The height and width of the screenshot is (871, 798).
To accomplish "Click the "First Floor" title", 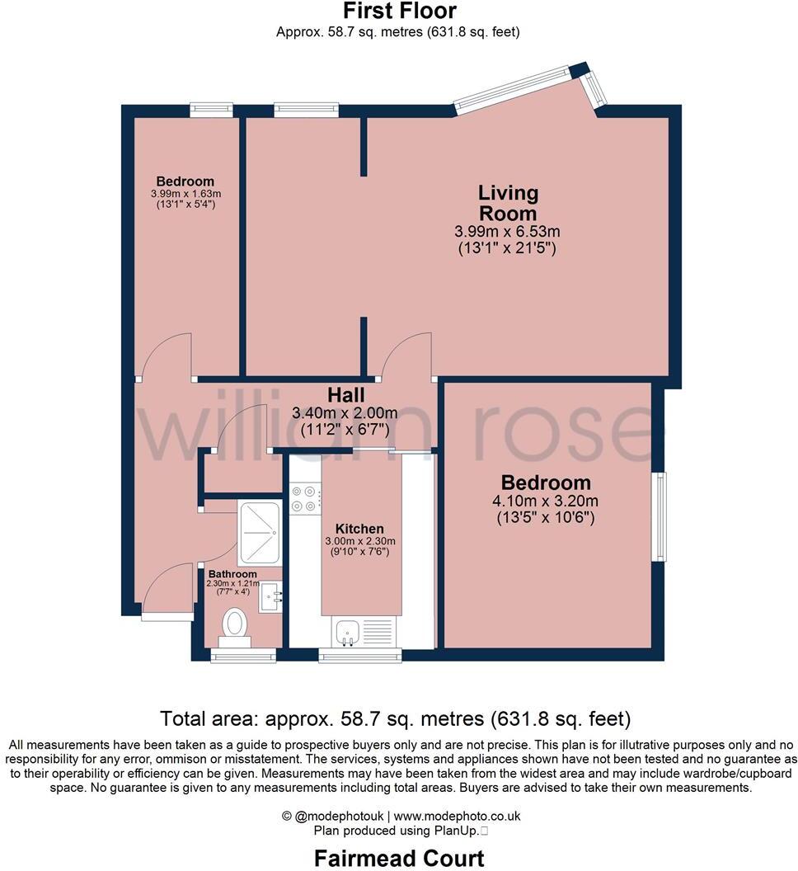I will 399,12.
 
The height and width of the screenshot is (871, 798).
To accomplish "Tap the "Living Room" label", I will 508,203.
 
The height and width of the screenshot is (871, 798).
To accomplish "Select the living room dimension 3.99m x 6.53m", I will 508,231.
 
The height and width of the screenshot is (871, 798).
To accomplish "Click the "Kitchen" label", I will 359,529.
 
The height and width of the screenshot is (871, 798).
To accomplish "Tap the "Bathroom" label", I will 232,574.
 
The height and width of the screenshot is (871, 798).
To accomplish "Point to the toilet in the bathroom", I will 236,626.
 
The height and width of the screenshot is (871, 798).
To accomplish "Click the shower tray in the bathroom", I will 259,529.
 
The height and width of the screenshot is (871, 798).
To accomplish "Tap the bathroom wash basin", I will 270,596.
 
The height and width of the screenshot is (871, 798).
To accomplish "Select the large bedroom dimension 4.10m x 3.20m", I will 547,501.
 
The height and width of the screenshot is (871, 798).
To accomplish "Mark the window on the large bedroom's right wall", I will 660,516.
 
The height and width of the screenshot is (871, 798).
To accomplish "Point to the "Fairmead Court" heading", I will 399,859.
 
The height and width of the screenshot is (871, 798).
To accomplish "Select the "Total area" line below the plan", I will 395,718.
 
